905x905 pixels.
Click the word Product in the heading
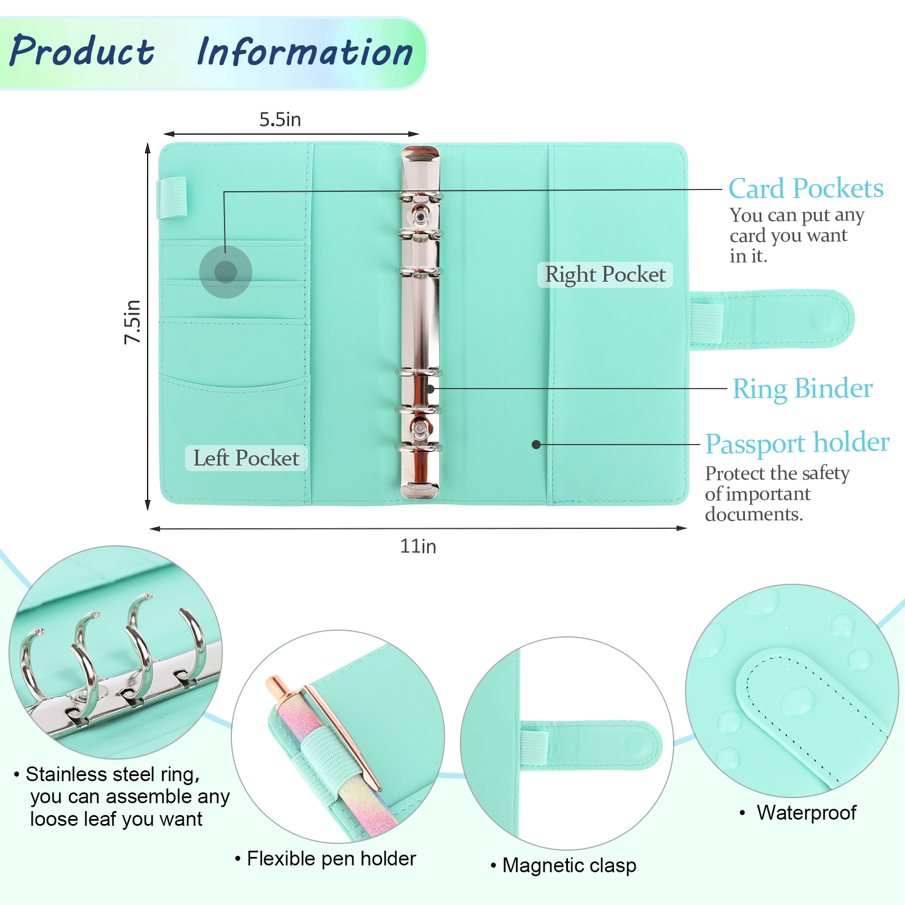[x=82, y=51]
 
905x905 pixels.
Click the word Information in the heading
[x=305, y=53]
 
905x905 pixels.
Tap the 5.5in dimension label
[x=280, y=119]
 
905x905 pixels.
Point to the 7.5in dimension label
[x=132, y=321]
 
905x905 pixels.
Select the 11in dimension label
[x=418, y=546]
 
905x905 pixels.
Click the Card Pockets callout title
[x=805, y=188]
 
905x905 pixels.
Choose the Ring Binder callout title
[x=802, y=389]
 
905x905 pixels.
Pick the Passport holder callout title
[x=797, y=443]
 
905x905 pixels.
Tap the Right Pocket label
[x=605, y=274]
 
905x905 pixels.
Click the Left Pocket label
[x=246, y=458]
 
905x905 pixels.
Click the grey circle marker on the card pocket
[x=226, y=272]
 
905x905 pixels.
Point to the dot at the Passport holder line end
[x=536, y=445]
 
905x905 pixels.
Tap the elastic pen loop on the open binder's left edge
[x=171, y=197]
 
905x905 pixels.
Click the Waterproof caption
[x=806, y=813]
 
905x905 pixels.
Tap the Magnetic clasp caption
[x=569, y=865]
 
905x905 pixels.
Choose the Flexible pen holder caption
[x=331, y=859]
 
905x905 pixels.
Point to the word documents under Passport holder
[x=753, y=514]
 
